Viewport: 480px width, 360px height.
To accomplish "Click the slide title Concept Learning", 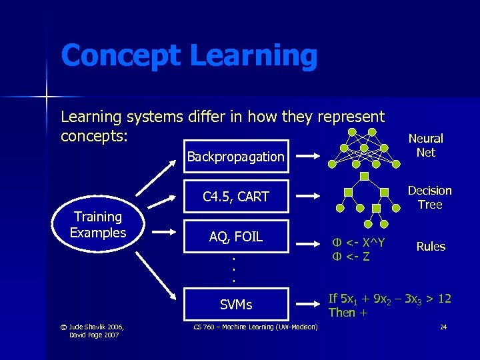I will click(189, 55).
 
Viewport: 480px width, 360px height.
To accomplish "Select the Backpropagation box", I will click(235, 157).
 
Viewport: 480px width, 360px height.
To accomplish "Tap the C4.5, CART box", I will click(235, 196).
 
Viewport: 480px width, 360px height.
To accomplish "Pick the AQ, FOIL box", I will click(235, 236).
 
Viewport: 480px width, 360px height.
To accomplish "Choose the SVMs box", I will click(235, 305).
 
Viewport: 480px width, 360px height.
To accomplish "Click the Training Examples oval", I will click(98, 225).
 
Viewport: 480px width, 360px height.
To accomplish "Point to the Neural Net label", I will click(425, 145).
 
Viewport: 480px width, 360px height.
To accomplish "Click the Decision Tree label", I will click(430, 197).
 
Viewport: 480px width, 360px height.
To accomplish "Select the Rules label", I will click(431, 247).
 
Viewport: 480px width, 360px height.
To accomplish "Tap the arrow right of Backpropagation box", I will click(309, 157).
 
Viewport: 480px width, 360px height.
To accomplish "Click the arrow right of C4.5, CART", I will click(309, 196).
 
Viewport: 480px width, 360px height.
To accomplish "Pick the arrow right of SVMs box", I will click(309, 305).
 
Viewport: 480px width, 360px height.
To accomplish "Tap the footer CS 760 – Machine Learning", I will click(255, 326).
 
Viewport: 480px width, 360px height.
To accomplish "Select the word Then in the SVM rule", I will click(341, 312).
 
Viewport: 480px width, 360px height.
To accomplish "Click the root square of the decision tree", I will click(364, 176).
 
